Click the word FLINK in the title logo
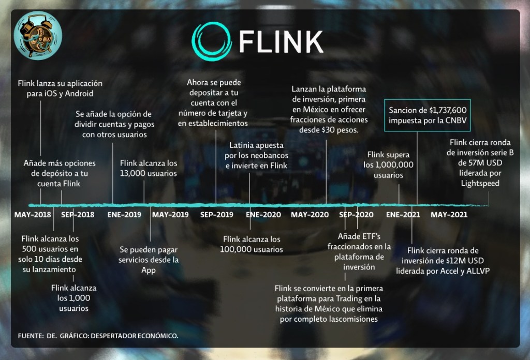[281, 41]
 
